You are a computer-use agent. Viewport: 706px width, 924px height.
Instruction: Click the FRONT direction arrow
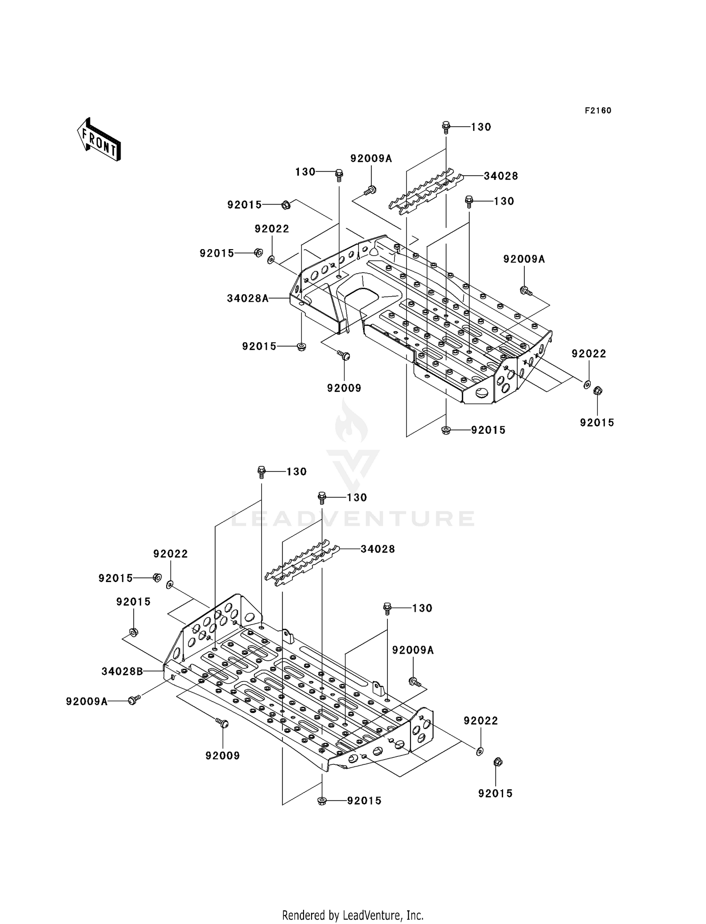(99, 140)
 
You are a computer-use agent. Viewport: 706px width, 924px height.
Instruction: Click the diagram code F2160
(598, 111)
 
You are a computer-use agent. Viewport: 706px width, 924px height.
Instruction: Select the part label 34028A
(248, 298)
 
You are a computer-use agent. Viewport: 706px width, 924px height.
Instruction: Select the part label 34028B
(122, 672)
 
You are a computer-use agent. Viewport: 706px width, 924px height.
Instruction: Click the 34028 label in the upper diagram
(501, 176)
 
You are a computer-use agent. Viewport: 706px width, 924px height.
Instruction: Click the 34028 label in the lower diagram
(377, 549)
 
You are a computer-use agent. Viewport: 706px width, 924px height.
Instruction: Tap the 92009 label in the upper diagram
(344, 388)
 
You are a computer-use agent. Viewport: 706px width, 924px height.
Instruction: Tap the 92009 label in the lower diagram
(223, 756)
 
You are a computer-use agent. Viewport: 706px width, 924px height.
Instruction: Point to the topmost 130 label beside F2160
(481, 127)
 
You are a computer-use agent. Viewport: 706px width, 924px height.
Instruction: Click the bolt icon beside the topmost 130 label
(446, 127)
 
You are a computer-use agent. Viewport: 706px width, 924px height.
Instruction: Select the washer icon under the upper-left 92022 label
(271, 259)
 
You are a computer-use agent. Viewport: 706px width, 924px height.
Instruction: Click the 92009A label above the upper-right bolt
(524, 259)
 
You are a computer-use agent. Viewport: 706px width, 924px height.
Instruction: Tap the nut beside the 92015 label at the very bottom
(322, 801)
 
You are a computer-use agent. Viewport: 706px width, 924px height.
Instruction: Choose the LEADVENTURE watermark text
(353, 519)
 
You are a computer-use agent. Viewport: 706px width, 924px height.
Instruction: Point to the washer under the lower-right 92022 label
(480, 751)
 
